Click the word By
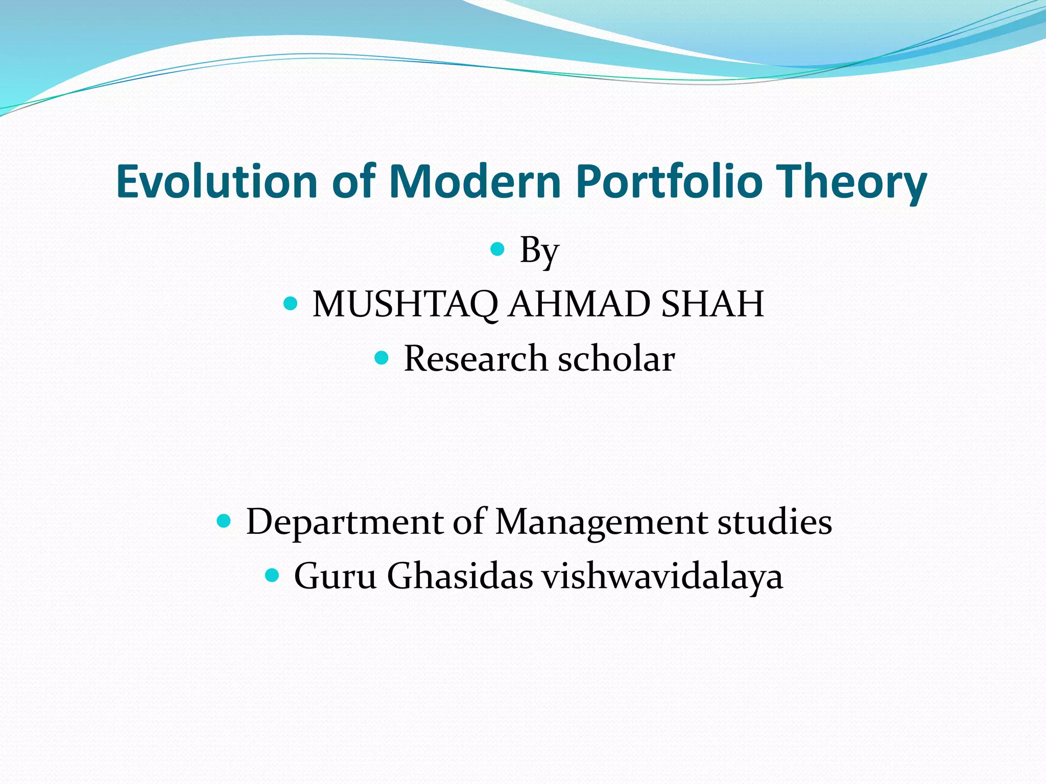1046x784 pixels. coord(539,251)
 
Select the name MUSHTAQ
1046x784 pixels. coord(405,304)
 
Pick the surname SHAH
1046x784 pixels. coord(712,304)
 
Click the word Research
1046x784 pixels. coord(475,358)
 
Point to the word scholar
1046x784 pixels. coord(616,358)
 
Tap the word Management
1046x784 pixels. coord(601,523)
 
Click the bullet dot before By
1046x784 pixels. coord(497,250)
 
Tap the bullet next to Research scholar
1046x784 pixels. coord(382,357)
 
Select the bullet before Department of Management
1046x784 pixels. coord(224,521)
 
